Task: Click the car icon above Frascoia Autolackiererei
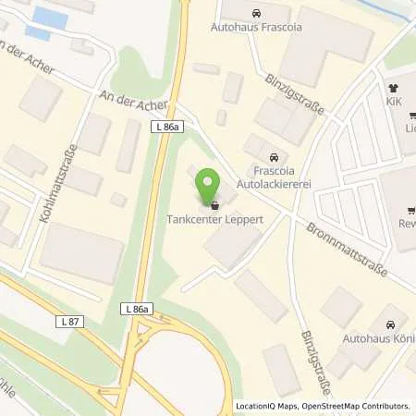tap(273, 156)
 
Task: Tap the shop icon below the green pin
tap(214, 205)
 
